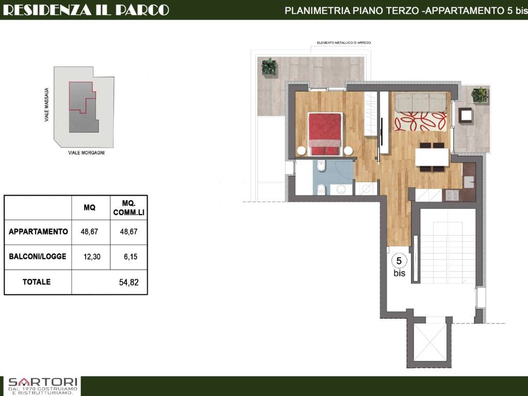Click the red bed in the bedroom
(325, 134)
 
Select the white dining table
(432, 157)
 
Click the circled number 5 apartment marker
(399, 261)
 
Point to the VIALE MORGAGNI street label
(86, 153)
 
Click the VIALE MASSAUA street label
(47, 105)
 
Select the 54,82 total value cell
(128, 282)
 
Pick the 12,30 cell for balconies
(92, 257)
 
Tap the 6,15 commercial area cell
(130, 257)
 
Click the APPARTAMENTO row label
(38, 232)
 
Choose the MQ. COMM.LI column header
(128, 208)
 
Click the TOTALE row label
(37, 282)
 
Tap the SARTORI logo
(43, 386)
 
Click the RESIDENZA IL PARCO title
(86, 10)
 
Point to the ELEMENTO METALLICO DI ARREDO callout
(344, 43)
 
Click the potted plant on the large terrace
(269, 67)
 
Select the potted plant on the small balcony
(479, 95)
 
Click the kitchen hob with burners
(452, 195)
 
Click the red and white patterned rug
(421, 122)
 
